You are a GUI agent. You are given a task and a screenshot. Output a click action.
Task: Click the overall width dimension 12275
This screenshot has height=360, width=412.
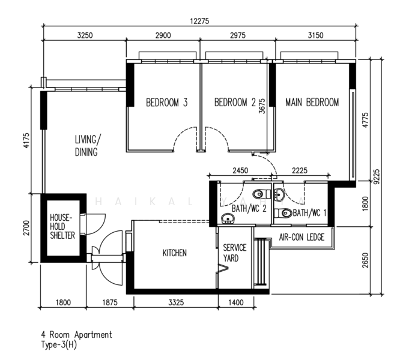pyautogui.click(x=199, y=21)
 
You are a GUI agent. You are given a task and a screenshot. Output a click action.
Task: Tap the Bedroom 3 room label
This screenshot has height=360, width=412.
pyautogui.click(x=167, y=103)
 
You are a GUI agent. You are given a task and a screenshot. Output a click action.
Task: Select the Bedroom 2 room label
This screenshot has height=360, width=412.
pyautogui.click(x=235, y=103)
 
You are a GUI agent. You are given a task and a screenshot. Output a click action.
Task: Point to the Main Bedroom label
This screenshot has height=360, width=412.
pyautogui.click(x=312, y=103)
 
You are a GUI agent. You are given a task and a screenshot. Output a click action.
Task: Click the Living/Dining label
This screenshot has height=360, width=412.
pyautogui.click(x=87, y=146)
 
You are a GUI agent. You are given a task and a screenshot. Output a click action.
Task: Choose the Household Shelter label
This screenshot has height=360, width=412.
pyautogui.click(x=62, y=226)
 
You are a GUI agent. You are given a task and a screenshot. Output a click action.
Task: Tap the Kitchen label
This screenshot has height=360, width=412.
pyautogui.click(x=175, y=253)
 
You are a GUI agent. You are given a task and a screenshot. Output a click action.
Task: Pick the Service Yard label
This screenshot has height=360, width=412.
pyautogui.click(x=235, y=253)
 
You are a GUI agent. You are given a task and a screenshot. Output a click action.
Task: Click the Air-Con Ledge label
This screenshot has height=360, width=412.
pyautogui.click(x=301, y=238)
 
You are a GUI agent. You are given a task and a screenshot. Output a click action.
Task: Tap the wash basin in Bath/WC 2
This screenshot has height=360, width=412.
pyautogui.click(x=228, y=218)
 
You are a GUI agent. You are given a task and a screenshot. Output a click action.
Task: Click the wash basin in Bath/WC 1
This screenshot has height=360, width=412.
pyautogui.click(x=279, y=194)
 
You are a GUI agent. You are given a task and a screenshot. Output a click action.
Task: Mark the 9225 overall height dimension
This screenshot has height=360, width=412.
pyautogui.click(x=377, y=176)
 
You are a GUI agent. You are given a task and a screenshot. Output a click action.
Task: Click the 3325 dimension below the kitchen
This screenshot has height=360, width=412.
pyautogui.click(x=176, y=302)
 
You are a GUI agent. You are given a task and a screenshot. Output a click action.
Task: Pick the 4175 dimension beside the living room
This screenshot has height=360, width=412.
pyautogui.click(x=26, y=140)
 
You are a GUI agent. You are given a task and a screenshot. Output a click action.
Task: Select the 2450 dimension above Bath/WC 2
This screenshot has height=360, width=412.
pyautogui.click(x=240, y=170)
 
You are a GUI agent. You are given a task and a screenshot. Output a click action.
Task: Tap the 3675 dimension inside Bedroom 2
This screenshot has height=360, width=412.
pyautogui.click(x=262, y=106)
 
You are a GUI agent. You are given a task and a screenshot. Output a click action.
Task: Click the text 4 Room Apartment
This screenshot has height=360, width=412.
pyautogui.click(x=76, y=335)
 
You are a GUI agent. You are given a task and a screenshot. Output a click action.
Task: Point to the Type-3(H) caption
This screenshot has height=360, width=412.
pyautogui.click(x=59, y=345)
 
